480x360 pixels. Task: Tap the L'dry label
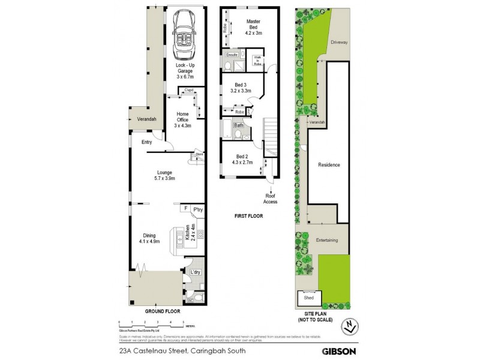[195, 272]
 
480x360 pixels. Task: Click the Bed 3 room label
[240, 88]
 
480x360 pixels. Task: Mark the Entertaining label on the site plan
[328, 240]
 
